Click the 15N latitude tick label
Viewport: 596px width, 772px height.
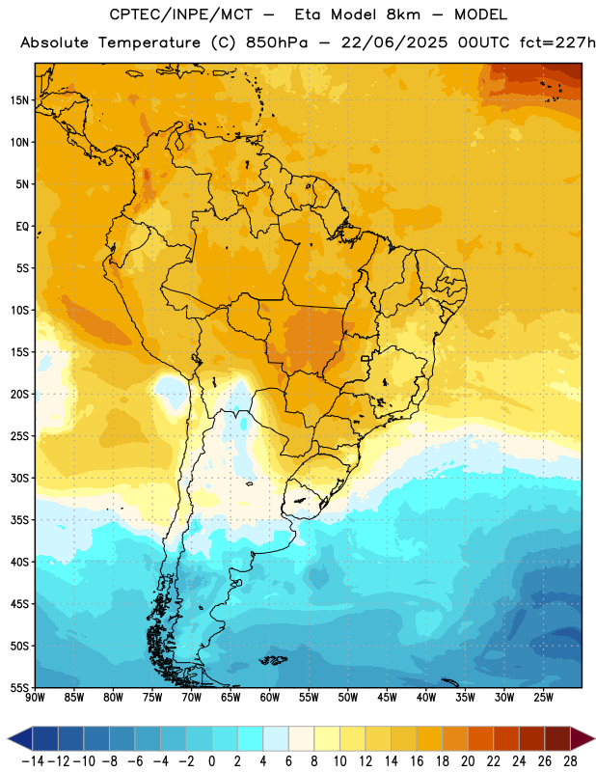(x=19, y=100)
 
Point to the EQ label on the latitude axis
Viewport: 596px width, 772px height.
(x=22, y=227)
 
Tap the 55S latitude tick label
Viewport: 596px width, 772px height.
(x=19, y=687)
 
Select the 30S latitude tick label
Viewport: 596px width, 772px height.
(x=19, y=478)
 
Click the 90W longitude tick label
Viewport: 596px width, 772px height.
(x=35, y=698)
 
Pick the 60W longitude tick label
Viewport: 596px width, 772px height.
(x=270, y=698)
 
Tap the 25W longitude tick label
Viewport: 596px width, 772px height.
(x=543, y=698)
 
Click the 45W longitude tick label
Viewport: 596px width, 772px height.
(x=387, y=698)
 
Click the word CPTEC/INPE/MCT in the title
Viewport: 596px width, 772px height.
(x=181, y=14)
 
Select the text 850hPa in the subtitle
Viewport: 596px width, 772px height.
(x=277, y=42)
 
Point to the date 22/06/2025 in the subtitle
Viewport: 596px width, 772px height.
(x=394, y=42)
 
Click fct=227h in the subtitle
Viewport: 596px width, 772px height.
(x=557, y=42)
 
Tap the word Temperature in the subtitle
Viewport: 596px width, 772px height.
(x=149, y=43)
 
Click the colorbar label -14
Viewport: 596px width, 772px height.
(x=33, y=761)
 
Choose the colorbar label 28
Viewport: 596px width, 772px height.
(x=570, y=761)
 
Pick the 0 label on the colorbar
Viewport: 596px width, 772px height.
(x=211, y=761)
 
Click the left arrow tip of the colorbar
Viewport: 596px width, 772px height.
(x=8, y=738)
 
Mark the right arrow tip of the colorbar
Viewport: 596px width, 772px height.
(x=594, y=738)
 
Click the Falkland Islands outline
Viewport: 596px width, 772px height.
(x=273, y=660)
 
